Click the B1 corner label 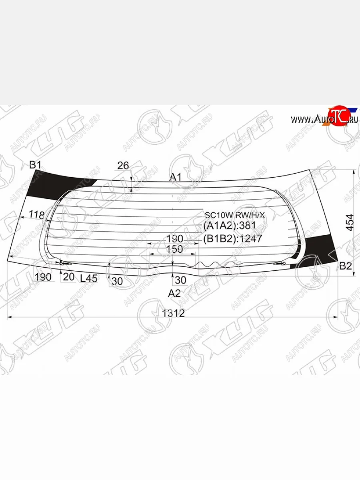point(36,164)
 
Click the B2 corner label point(346,266)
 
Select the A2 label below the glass point(174,293)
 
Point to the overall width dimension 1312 point(173,313)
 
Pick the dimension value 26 point(123,165)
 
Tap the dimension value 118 point(37,215)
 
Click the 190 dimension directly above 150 point(174,239)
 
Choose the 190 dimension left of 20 point(43,277)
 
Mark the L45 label point(88,278)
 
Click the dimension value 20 point(69,277)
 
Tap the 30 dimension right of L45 point(117,281)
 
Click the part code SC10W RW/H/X point(235,216)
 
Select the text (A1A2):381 point(229,226)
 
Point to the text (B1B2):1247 point(232,239)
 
